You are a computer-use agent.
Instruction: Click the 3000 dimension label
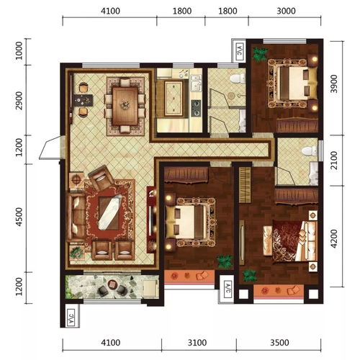click(x=286, y=11)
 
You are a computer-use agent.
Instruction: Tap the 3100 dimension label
click(x=197, y=343)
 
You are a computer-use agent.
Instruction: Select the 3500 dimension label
click(x=279, y=343)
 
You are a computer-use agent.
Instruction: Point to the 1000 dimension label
click(x=19, y=51)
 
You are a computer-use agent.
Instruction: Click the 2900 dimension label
click(x=19, y=101)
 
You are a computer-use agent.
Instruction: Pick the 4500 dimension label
click(x=19, y=217)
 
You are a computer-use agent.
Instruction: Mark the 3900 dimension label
click(x=334, y=84)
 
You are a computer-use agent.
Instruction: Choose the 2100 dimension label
click(x=334, y=161)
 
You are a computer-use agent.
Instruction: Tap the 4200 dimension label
click(x=334, y=238)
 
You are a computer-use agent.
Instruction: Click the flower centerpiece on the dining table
click(x=125, y=104)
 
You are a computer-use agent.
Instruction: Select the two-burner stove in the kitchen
click(x=196, y=108)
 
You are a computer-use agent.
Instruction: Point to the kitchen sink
click(x=196, y=83)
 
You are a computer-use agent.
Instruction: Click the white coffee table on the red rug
click(x=110, y=212)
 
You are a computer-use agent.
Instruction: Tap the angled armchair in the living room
click(x=101, y=178)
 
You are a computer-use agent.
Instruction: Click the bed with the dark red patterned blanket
click(x=290, y=241)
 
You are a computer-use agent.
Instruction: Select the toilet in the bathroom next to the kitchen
click(x=238, y=78)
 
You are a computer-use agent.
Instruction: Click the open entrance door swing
click(x=50, y=148)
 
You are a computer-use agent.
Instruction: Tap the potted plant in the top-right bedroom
click(x=260, y=55)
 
